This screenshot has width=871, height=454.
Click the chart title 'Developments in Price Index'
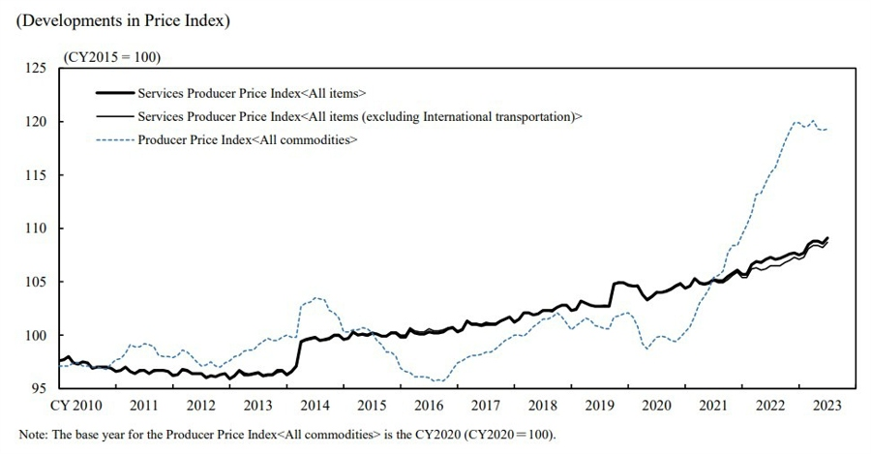(x=122, y=21)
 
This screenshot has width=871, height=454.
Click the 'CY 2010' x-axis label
(x=76, y=404)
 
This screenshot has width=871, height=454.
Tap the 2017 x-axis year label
(x=486, y=404)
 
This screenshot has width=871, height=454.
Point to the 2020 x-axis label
(x=657, y=404)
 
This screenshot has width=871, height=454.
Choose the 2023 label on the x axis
(x=828, y=404)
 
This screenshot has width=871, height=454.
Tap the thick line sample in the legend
(x=113, y=93)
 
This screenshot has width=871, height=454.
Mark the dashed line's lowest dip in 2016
(x=437, y=380)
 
